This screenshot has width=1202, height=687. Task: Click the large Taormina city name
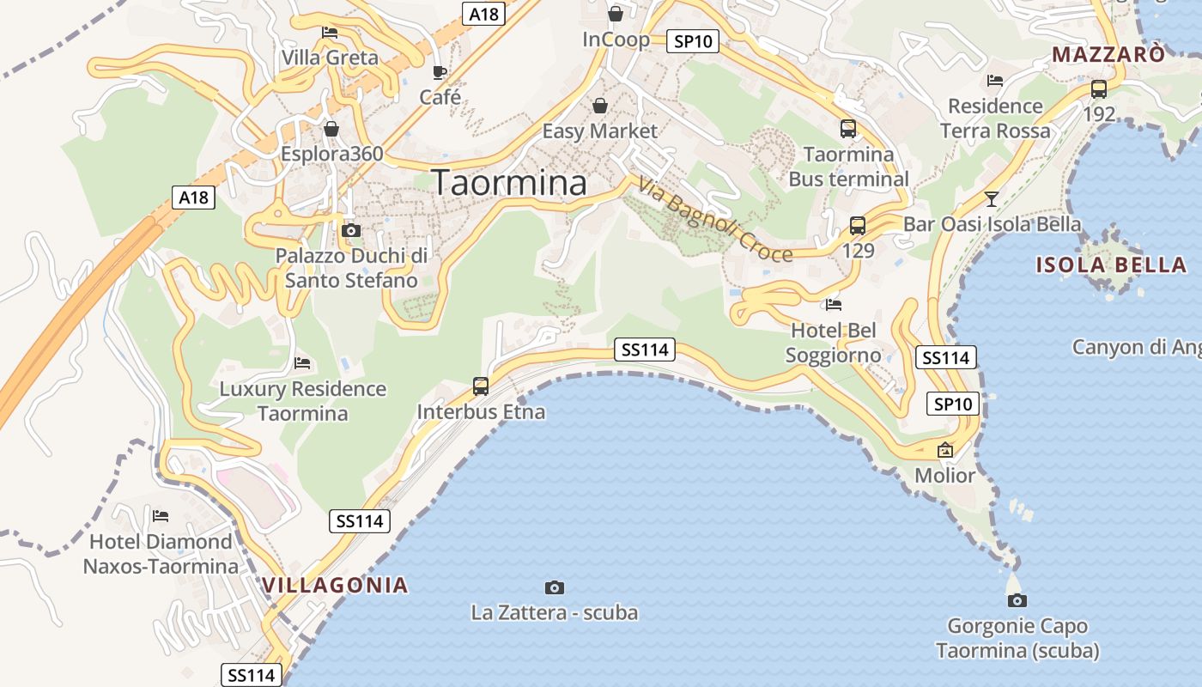509,183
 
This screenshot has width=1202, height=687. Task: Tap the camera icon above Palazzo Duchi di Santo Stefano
351,230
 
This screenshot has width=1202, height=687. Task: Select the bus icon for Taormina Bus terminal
848,129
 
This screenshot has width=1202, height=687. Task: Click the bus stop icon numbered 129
858,226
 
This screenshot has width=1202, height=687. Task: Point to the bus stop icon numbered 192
1099,88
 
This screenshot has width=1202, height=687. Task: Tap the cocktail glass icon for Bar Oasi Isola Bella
992,199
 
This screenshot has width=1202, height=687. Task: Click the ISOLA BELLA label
1111,264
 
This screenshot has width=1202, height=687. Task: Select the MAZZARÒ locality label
1109,55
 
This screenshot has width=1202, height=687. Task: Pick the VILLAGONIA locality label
335,586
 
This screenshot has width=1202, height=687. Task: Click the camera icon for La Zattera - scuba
555,587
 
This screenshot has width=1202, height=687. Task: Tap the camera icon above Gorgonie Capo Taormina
1017,600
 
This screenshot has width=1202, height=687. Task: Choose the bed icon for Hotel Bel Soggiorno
833,304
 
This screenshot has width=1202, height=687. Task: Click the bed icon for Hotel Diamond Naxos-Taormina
161,516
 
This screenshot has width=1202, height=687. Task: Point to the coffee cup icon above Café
440,72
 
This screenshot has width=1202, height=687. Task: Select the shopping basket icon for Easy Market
600,106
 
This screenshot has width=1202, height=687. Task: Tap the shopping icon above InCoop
616,14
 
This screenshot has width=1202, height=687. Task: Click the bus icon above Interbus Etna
481,386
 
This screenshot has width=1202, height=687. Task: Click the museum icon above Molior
945,450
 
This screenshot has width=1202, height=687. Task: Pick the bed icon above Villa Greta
330,33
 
